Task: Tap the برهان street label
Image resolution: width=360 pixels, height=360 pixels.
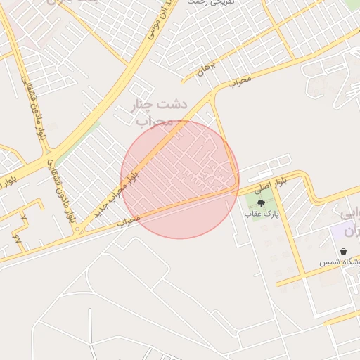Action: tap(205, 68)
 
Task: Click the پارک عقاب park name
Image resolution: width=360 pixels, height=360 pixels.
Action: tap(262, 214)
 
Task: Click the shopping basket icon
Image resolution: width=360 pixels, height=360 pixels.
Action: tap(343, 251)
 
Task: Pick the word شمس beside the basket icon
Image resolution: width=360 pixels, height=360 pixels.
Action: tap(328, 262)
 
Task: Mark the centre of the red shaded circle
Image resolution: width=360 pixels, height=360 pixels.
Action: tap(180, 179)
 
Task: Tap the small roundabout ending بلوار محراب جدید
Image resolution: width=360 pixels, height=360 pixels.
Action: tap(80, 230)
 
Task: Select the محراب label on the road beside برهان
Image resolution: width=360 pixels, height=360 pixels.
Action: tap(239, 82)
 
